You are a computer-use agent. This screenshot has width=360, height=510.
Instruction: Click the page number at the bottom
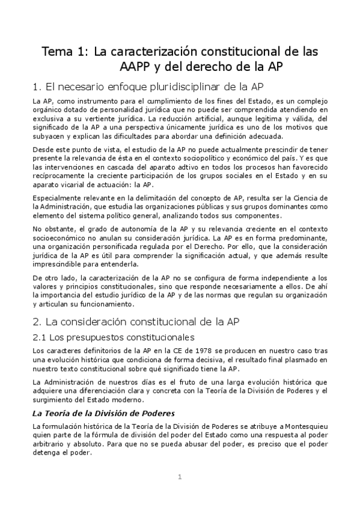tap(180, 477)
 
